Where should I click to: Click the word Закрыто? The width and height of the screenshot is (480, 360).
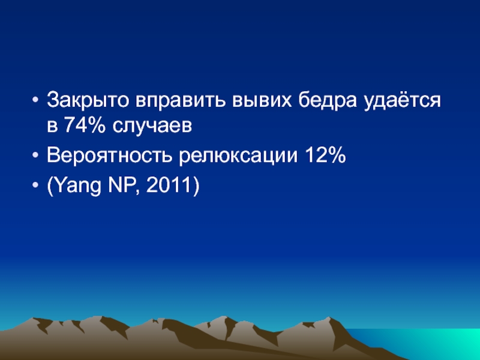pos(88,100)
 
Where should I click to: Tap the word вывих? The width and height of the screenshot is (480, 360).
pos(262,100)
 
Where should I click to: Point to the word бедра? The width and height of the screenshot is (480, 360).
pos(328,100)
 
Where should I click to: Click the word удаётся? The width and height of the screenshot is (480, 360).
pos(402,100)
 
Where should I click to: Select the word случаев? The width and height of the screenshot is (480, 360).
pos(152,126)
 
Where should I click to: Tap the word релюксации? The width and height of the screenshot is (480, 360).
pos(238,156)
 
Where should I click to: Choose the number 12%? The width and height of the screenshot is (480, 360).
pos(325,155)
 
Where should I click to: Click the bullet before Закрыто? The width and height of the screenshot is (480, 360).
pos(35,100)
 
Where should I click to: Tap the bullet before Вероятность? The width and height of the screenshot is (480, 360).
pos(35,155)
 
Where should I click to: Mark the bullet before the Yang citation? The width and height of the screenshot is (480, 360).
pos(35,185)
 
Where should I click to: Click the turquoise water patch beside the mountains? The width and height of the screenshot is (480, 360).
pos(428,341)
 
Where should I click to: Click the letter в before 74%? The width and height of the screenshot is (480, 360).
pos(52,126)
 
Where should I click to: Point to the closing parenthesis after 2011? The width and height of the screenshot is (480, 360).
pos(196,186)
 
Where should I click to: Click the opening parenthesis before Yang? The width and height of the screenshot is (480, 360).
pos(50,186)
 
